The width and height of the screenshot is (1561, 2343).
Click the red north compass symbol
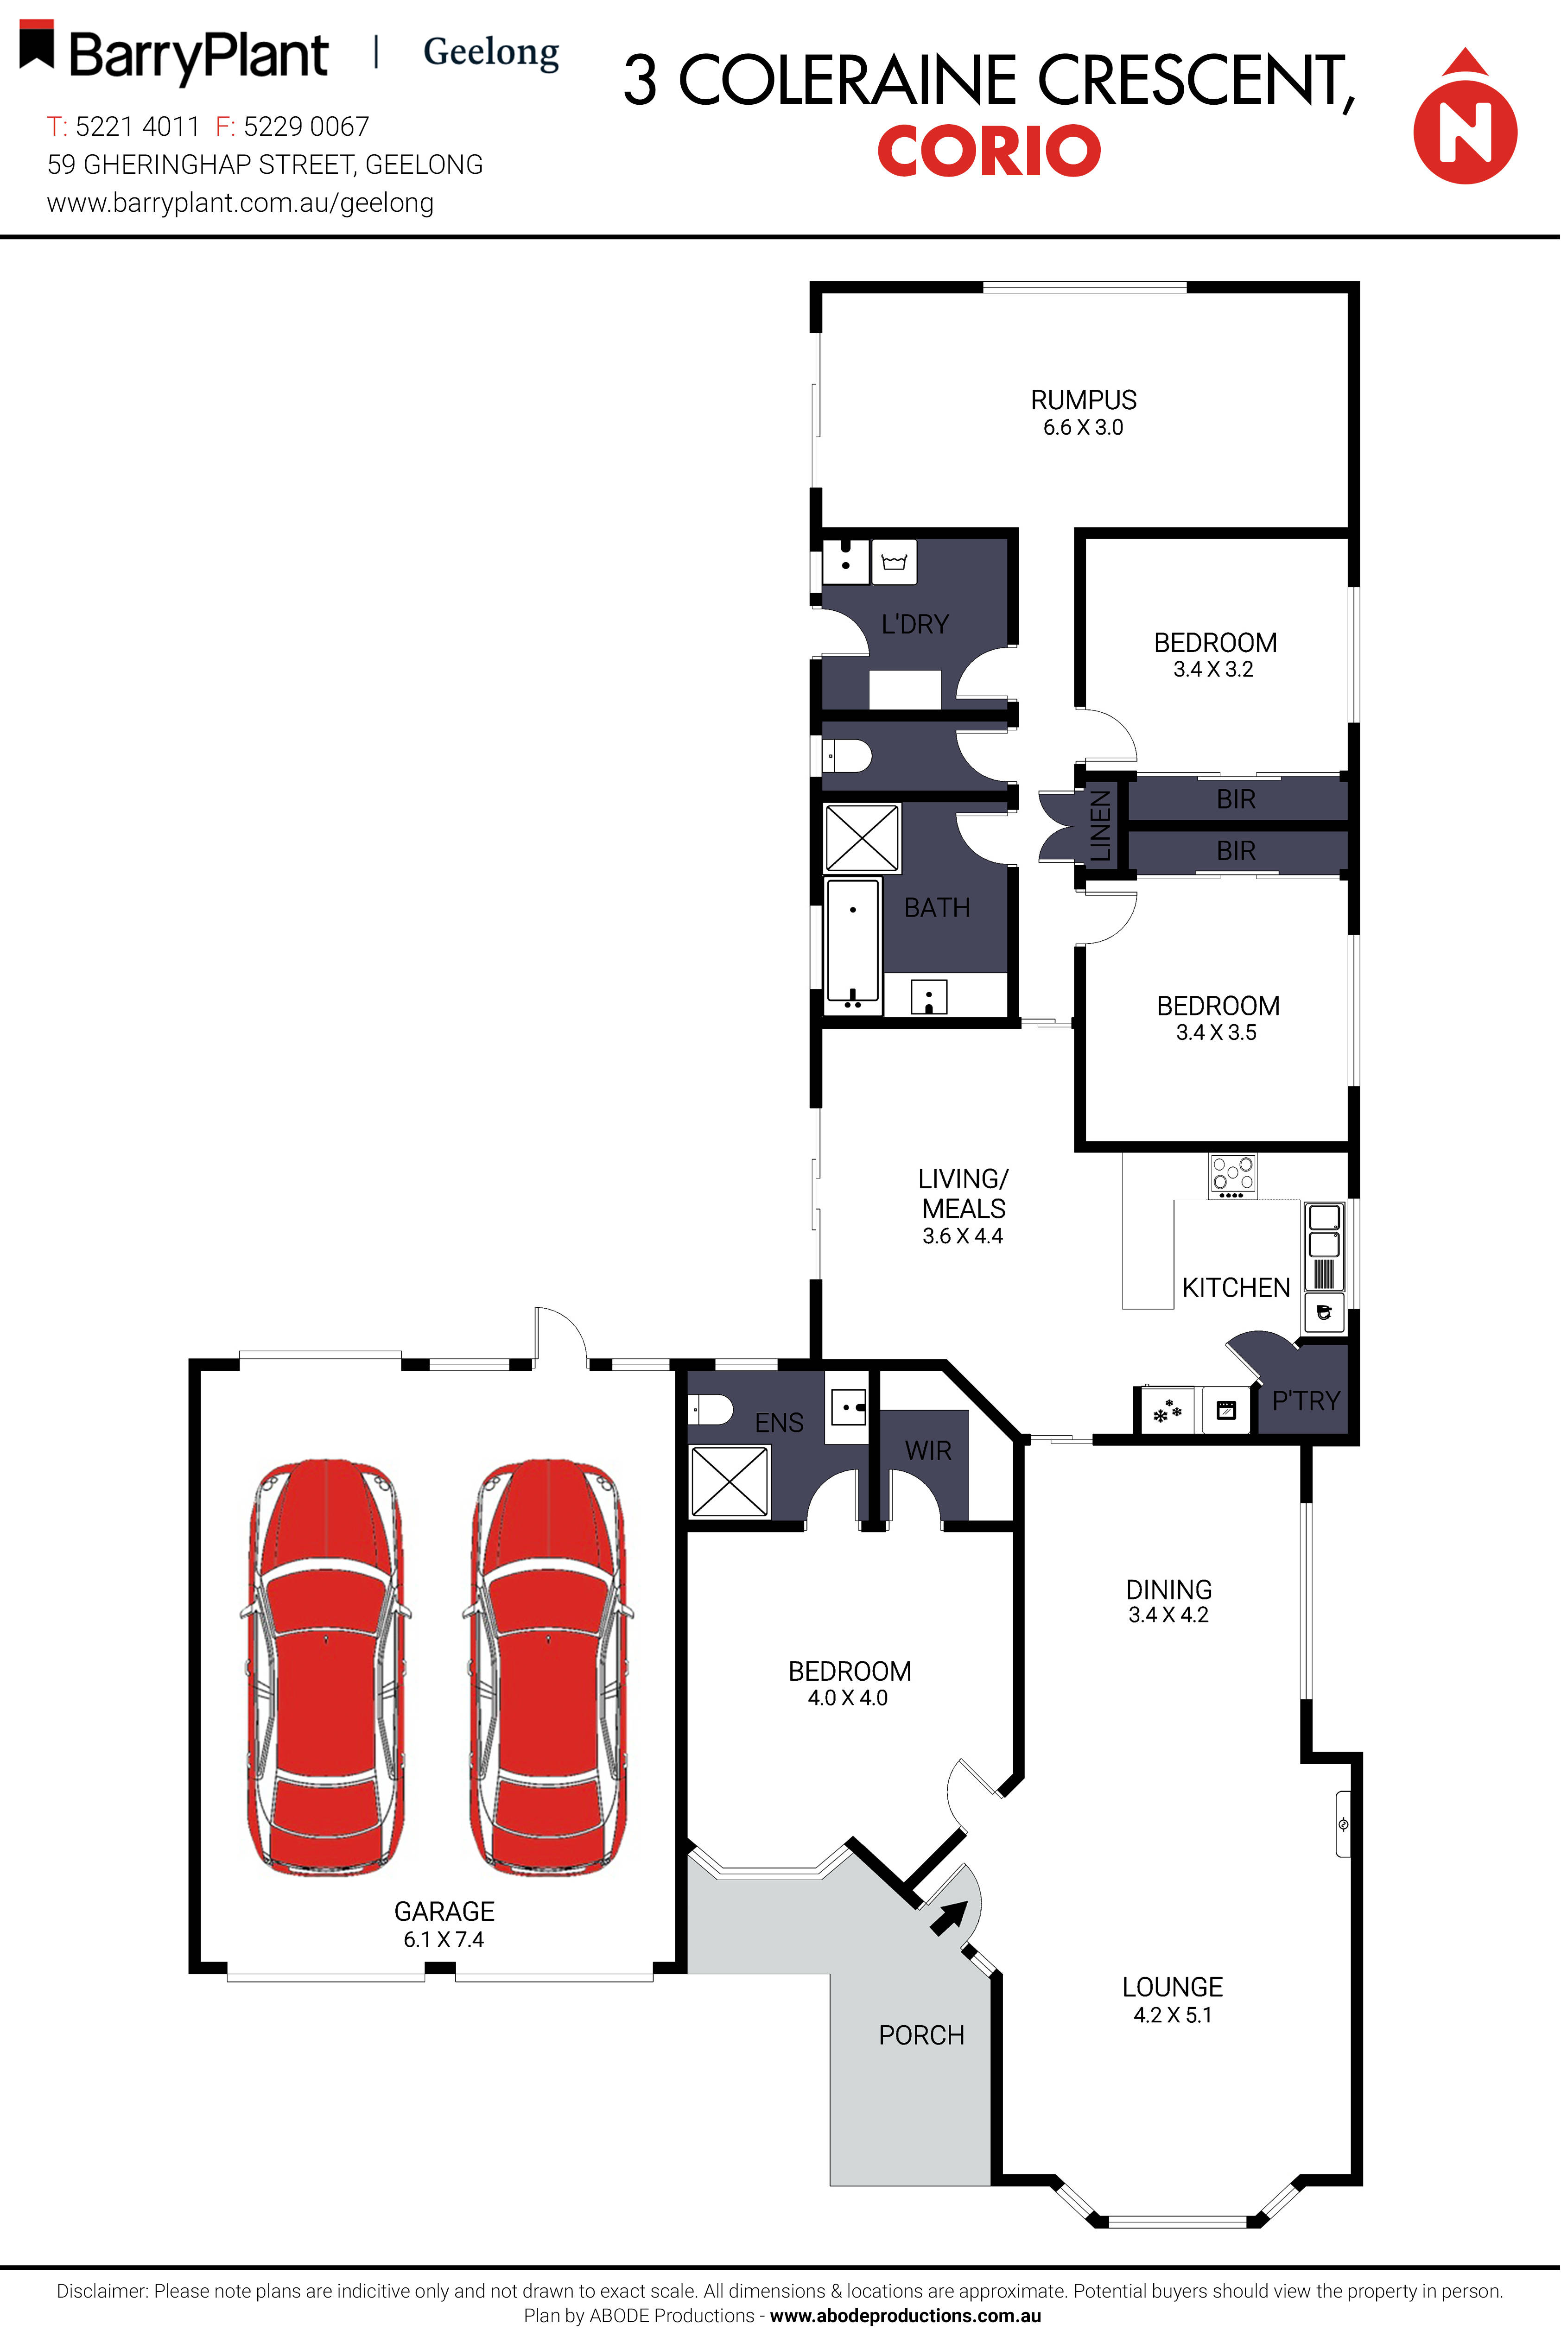1465,129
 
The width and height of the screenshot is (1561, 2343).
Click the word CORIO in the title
989,151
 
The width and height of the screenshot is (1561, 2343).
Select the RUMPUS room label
1083,400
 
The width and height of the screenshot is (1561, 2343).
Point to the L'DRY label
915,624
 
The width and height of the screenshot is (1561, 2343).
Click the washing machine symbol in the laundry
894,563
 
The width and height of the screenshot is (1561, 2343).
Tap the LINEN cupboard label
1100,825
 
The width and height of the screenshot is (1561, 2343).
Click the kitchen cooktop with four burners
1232,1174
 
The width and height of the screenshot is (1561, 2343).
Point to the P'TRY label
1305,1400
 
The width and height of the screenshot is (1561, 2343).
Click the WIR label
928,1450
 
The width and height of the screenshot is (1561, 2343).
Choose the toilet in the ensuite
712,1409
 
